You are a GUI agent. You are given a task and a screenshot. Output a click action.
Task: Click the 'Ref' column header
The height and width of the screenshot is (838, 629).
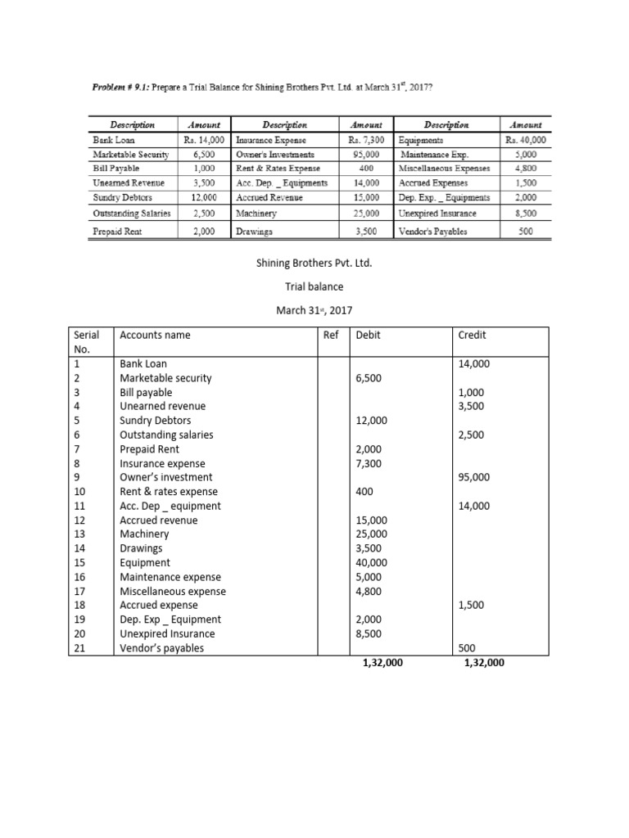point(332,335)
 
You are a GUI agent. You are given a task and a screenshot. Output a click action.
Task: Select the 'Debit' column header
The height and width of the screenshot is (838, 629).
point(368,335)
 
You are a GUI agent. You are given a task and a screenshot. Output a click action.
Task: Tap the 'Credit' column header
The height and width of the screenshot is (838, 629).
point(472,335)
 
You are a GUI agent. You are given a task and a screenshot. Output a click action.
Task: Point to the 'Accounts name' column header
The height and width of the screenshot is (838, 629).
point(154,335)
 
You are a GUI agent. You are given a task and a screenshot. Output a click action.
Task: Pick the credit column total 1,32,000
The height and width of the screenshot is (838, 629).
point(483,664)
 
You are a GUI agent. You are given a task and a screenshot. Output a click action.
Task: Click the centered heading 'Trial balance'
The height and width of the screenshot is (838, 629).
point(315,287)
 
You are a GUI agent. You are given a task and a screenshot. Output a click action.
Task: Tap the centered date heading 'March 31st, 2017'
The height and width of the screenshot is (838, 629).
point(315,312)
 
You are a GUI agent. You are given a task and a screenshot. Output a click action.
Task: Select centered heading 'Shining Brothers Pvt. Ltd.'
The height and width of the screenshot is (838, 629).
point(315,263)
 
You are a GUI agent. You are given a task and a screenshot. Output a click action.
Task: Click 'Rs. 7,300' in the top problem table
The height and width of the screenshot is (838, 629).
point(366,140)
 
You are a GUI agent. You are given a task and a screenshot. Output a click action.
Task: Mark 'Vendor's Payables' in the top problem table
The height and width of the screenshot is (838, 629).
point(434,232)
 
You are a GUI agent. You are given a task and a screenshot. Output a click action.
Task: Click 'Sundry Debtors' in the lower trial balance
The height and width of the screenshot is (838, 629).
point(150,421)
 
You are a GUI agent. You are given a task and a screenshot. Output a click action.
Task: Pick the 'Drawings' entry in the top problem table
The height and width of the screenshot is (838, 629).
point(255,232)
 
